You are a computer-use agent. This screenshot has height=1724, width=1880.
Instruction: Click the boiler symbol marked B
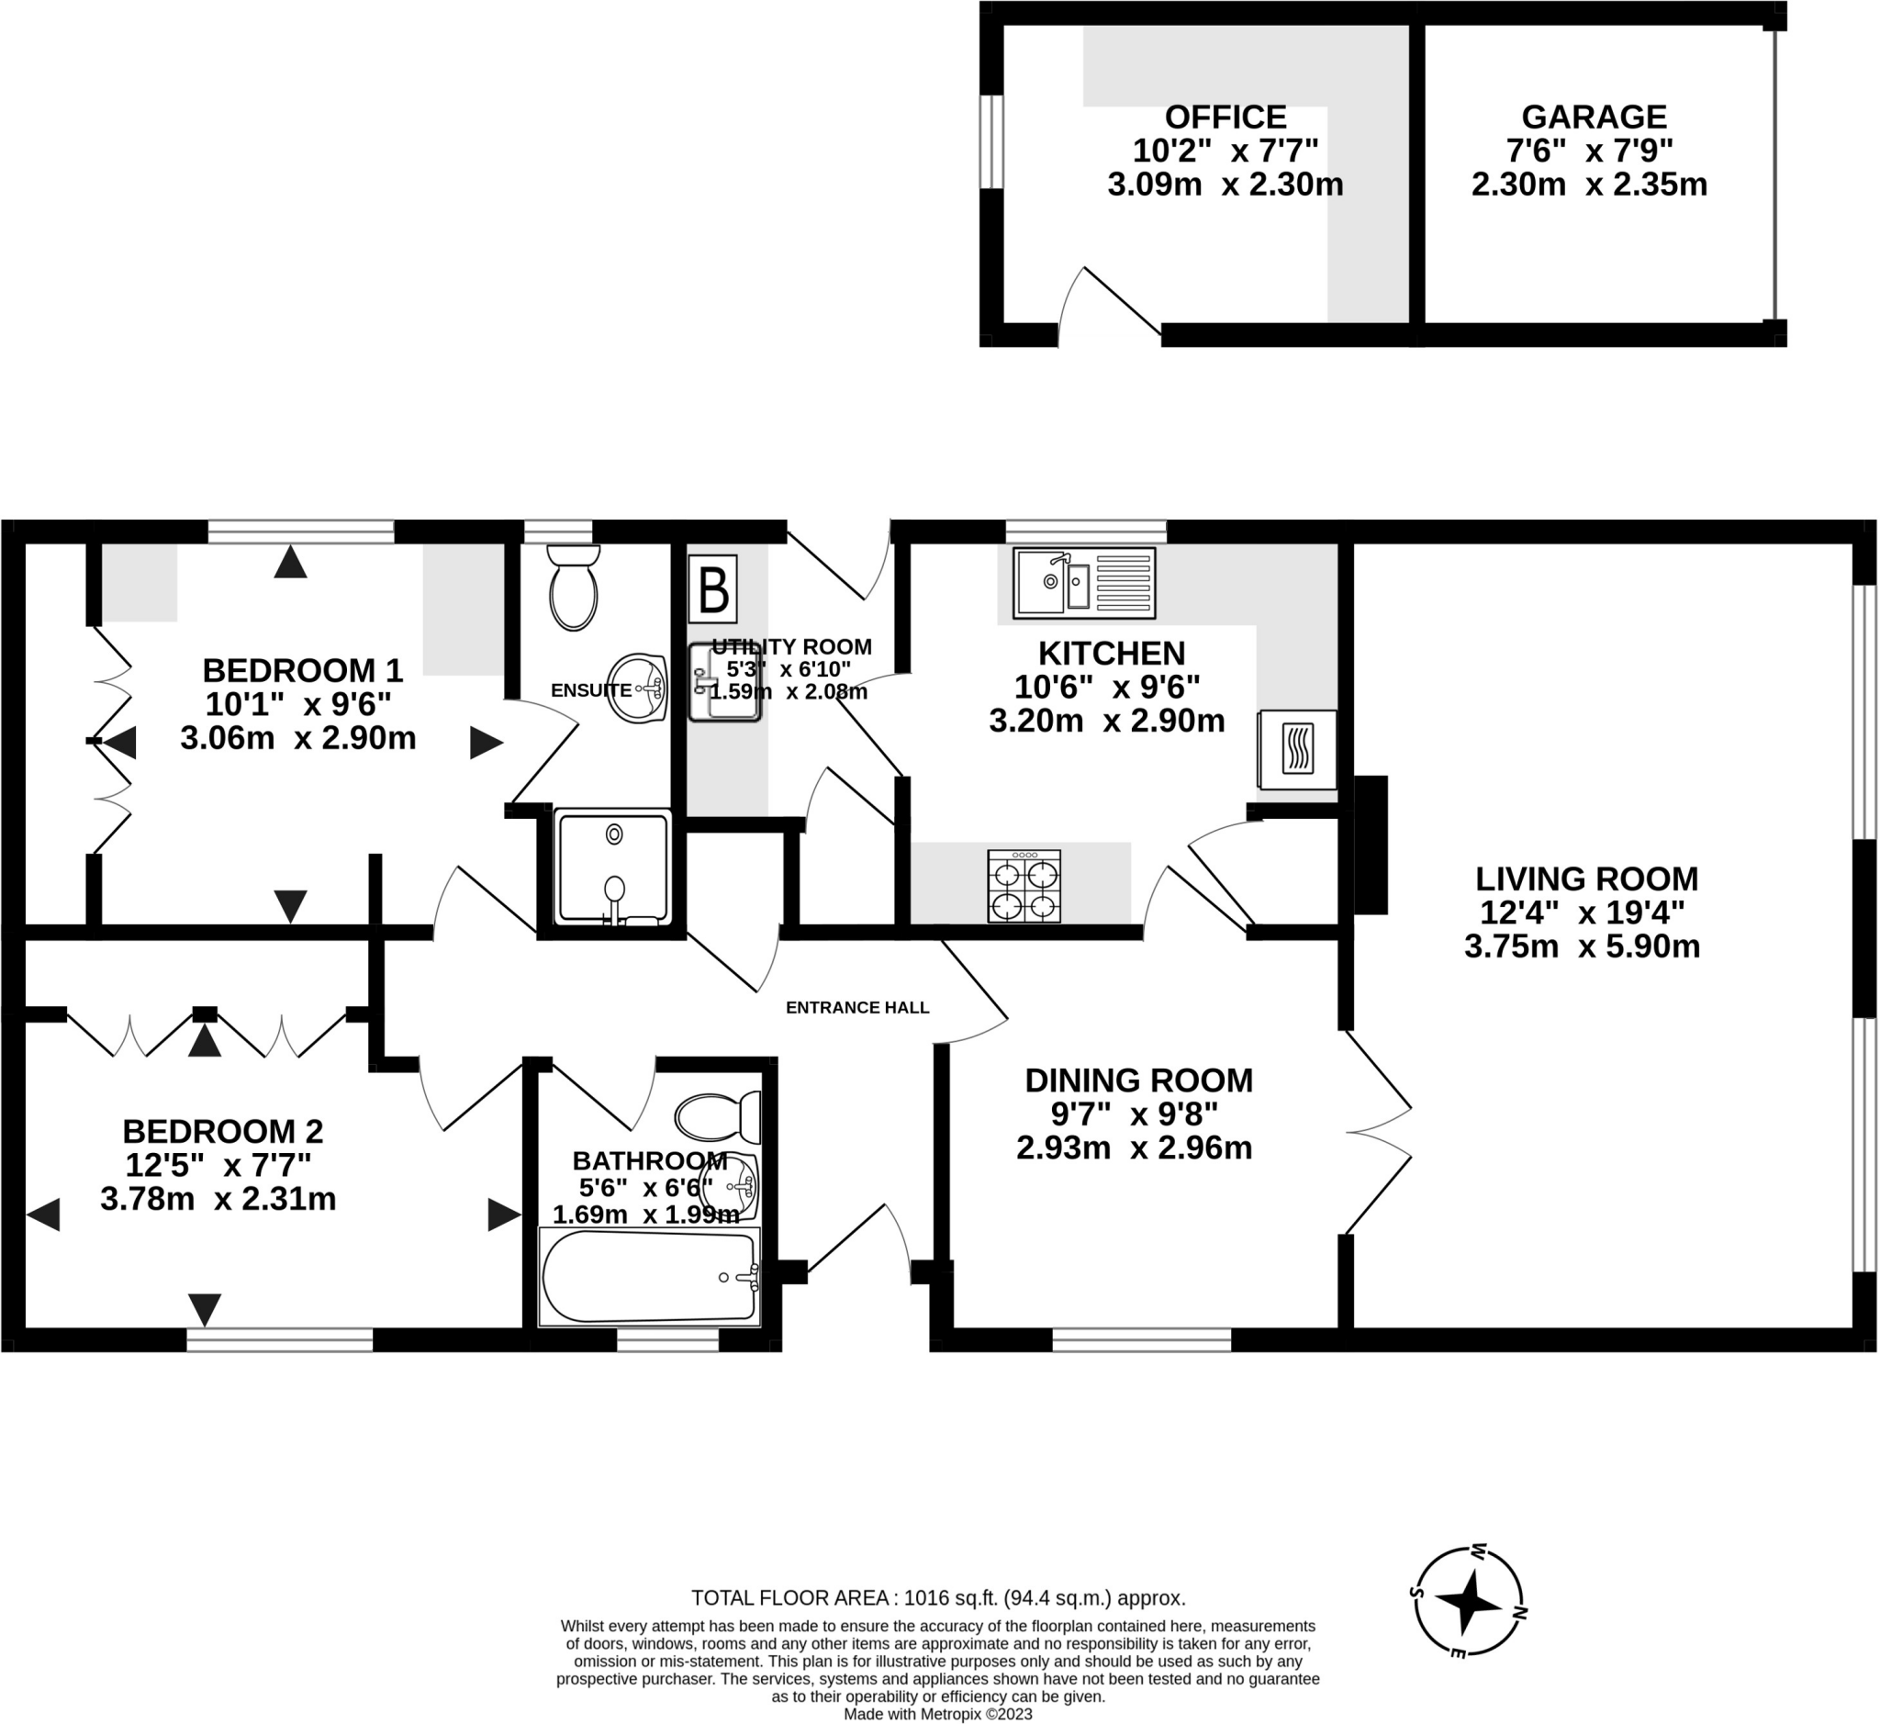click(713, 588)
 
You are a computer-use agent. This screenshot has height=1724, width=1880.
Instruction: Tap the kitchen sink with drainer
click(1083, 583)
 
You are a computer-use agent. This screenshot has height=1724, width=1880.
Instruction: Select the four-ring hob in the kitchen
click(1024, 885)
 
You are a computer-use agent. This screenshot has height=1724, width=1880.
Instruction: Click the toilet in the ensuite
click(573, 588)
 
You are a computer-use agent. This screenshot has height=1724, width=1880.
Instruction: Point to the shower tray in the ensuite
click(613, 867)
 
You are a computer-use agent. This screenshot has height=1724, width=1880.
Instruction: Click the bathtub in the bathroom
click(649, 1275)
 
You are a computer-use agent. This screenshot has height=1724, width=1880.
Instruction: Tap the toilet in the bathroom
click(717, 1117)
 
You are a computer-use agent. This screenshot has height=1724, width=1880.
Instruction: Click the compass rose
click(1469, 1603)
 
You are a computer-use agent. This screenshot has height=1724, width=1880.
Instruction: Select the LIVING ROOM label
click(1586, 879)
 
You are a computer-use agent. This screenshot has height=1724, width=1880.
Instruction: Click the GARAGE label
click(1594, 117)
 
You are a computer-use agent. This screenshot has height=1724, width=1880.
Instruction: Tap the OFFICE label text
click(1225, 117)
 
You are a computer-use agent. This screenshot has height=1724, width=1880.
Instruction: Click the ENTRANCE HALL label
click(856, 1008)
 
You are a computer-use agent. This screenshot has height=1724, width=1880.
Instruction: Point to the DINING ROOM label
click(1138, 1080)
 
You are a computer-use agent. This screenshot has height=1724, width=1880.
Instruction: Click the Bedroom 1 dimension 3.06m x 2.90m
click(297, 738)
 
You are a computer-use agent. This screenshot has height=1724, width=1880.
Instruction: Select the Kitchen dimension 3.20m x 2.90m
click(1106, 721)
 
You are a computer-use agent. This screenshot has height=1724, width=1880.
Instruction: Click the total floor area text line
click(937, 1598)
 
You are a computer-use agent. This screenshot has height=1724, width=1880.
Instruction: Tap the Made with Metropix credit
click(937, 1714)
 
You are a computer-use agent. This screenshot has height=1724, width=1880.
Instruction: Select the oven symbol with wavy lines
click(1297, 749)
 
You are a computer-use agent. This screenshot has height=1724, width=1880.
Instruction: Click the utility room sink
click(724, 682)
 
